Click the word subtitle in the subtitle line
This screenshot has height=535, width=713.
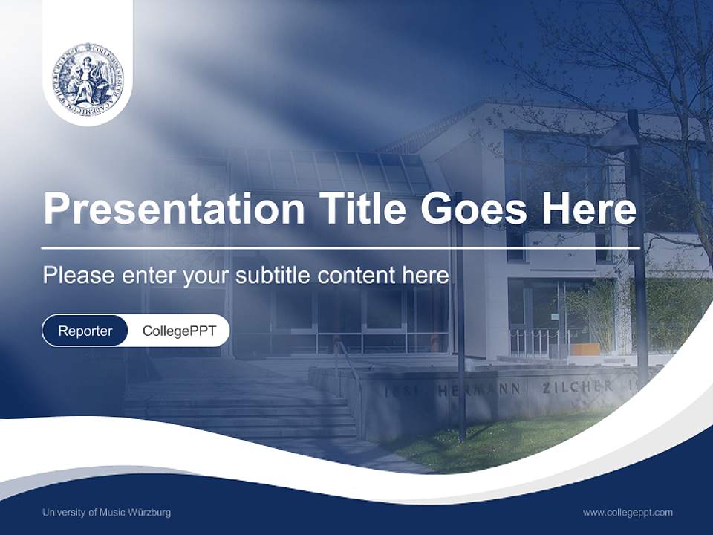click(x=273, y=276)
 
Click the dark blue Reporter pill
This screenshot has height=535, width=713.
click(x=85, y=331)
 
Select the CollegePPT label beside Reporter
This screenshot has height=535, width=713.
click(x=179, y=331)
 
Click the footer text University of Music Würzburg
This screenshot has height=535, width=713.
click(x=106, y=513)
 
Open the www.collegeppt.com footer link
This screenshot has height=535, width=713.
click(x=628, y=513)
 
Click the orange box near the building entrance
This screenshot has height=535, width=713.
click(x=585, y=349)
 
